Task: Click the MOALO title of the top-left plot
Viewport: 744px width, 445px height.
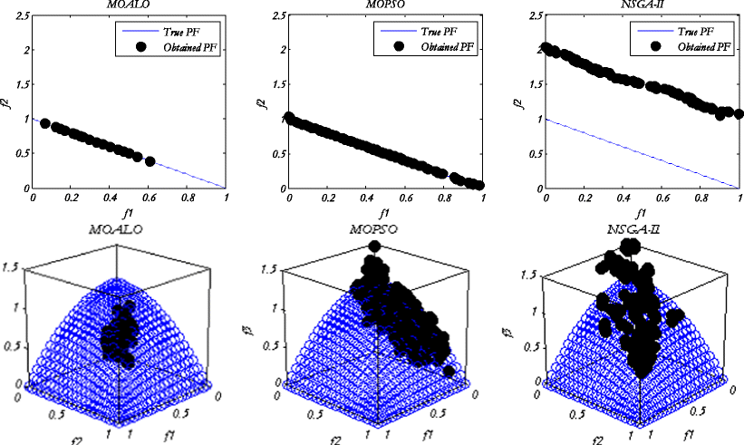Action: click(129, 6)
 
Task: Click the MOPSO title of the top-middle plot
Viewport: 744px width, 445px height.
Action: click(383, 6)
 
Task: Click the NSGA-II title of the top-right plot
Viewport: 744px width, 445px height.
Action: click(639, 6)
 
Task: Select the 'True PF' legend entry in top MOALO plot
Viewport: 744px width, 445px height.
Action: click(194, 32)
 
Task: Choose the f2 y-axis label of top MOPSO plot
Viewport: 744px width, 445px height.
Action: click(266, 102)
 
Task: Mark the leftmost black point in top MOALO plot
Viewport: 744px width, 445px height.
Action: click(45, 123)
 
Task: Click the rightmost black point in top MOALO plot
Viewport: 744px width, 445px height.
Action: click(150, 161)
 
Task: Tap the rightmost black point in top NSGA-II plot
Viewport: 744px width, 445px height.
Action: click(739, 114)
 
